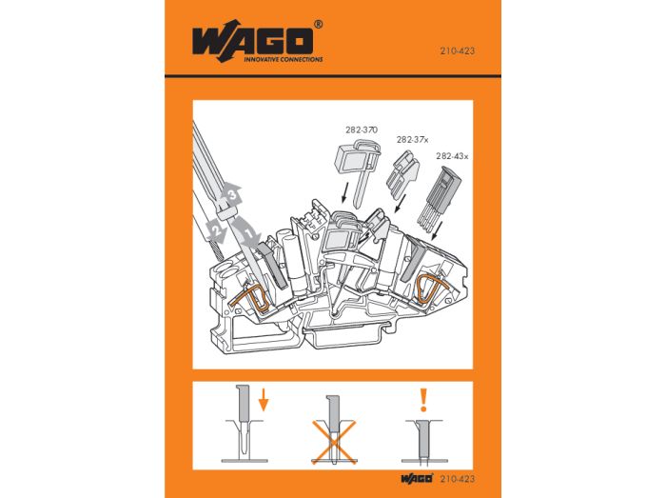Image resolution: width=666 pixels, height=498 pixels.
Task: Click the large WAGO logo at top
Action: pyautogui.click(x=253, y=41)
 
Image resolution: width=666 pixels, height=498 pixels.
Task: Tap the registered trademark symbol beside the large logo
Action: pyautogui.click(x=318, y=24)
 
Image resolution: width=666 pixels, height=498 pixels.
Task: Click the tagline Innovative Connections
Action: pyautogui.click(x=283, y=59)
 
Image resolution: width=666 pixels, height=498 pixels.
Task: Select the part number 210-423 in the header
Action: pyautogui.click(x=457, y=51)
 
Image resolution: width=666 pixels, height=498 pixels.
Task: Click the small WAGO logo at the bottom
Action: pyautogui.click(x=417, y=478)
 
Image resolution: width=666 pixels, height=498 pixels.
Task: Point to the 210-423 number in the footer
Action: pyautogui.click(x=458, y=479)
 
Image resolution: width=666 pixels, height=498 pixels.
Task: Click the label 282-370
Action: pyautogui.click(x=361, y=130)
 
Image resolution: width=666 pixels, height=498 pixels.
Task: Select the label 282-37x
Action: pyautogui.click(x=412, y=140)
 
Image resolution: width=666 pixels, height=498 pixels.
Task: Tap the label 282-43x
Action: pyautogui.click(x=452, y=156)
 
